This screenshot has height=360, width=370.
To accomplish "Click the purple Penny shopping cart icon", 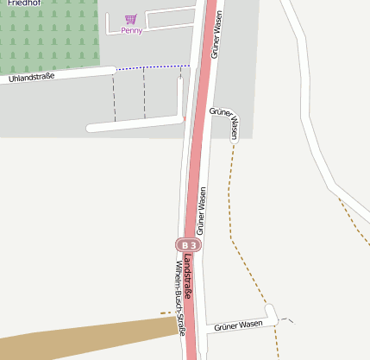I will [130, 19].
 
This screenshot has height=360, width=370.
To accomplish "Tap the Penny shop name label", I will [132, 31].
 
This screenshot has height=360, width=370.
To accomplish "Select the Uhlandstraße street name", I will [32, 78].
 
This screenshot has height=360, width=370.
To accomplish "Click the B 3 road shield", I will [188, 245].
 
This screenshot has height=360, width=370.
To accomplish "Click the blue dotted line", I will [154, 67].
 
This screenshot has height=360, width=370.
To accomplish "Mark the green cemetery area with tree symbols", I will [47, 39].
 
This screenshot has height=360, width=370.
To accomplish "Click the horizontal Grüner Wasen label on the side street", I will [238, 325].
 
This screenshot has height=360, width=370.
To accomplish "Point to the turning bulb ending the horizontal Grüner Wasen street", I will [270, 313].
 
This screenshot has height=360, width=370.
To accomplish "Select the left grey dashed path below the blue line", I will [114, 97].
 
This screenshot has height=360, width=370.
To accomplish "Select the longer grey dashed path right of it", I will [144, 93].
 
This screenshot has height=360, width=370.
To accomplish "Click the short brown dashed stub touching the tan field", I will [166, 313].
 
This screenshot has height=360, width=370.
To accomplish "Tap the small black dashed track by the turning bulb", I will [288, 319].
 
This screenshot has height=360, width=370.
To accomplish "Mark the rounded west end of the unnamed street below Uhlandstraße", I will [91, 128].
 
